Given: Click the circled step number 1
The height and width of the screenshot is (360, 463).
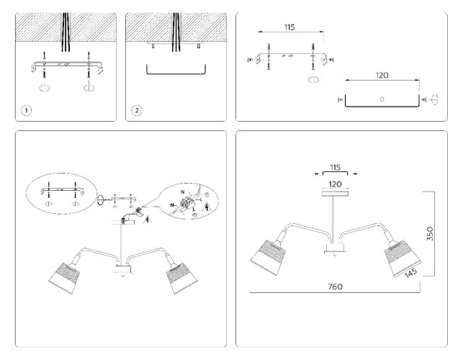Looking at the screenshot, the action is (x=26, y=111).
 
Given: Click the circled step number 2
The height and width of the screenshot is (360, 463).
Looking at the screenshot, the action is (x=136, y=111).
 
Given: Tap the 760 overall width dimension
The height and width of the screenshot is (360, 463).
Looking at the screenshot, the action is (x=335, y=287).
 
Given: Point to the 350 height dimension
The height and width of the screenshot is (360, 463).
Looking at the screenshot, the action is (x=430, y=233).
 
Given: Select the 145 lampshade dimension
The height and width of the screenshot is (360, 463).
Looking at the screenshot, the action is (x=410, y=273).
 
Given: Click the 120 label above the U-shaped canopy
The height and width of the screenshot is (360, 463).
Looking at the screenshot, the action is (x=382, y=76).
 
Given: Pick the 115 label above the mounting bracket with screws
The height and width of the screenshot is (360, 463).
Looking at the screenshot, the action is (x=289, y=27).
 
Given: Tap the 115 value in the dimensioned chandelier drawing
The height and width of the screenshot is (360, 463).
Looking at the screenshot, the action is (x=335, y=168).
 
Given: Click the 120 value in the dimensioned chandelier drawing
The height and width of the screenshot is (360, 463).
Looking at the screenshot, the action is (x=335, y=184).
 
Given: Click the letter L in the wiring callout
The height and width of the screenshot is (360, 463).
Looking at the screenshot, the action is (x=194, y=209).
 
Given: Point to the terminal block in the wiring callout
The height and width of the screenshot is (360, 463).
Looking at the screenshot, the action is (x=185, y=202).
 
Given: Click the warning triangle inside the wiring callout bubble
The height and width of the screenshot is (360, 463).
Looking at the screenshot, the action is (x=207, y=207).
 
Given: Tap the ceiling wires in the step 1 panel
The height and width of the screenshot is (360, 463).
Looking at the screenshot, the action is (x=66, y=32).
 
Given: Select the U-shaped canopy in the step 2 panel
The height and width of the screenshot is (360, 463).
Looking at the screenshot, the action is (x=176, y=69).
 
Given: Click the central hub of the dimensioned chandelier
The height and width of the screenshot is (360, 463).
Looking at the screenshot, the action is (x=335, y=248).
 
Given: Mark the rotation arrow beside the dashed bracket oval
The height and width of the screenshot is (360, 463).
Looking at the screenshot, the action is (x=101, y=200).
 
